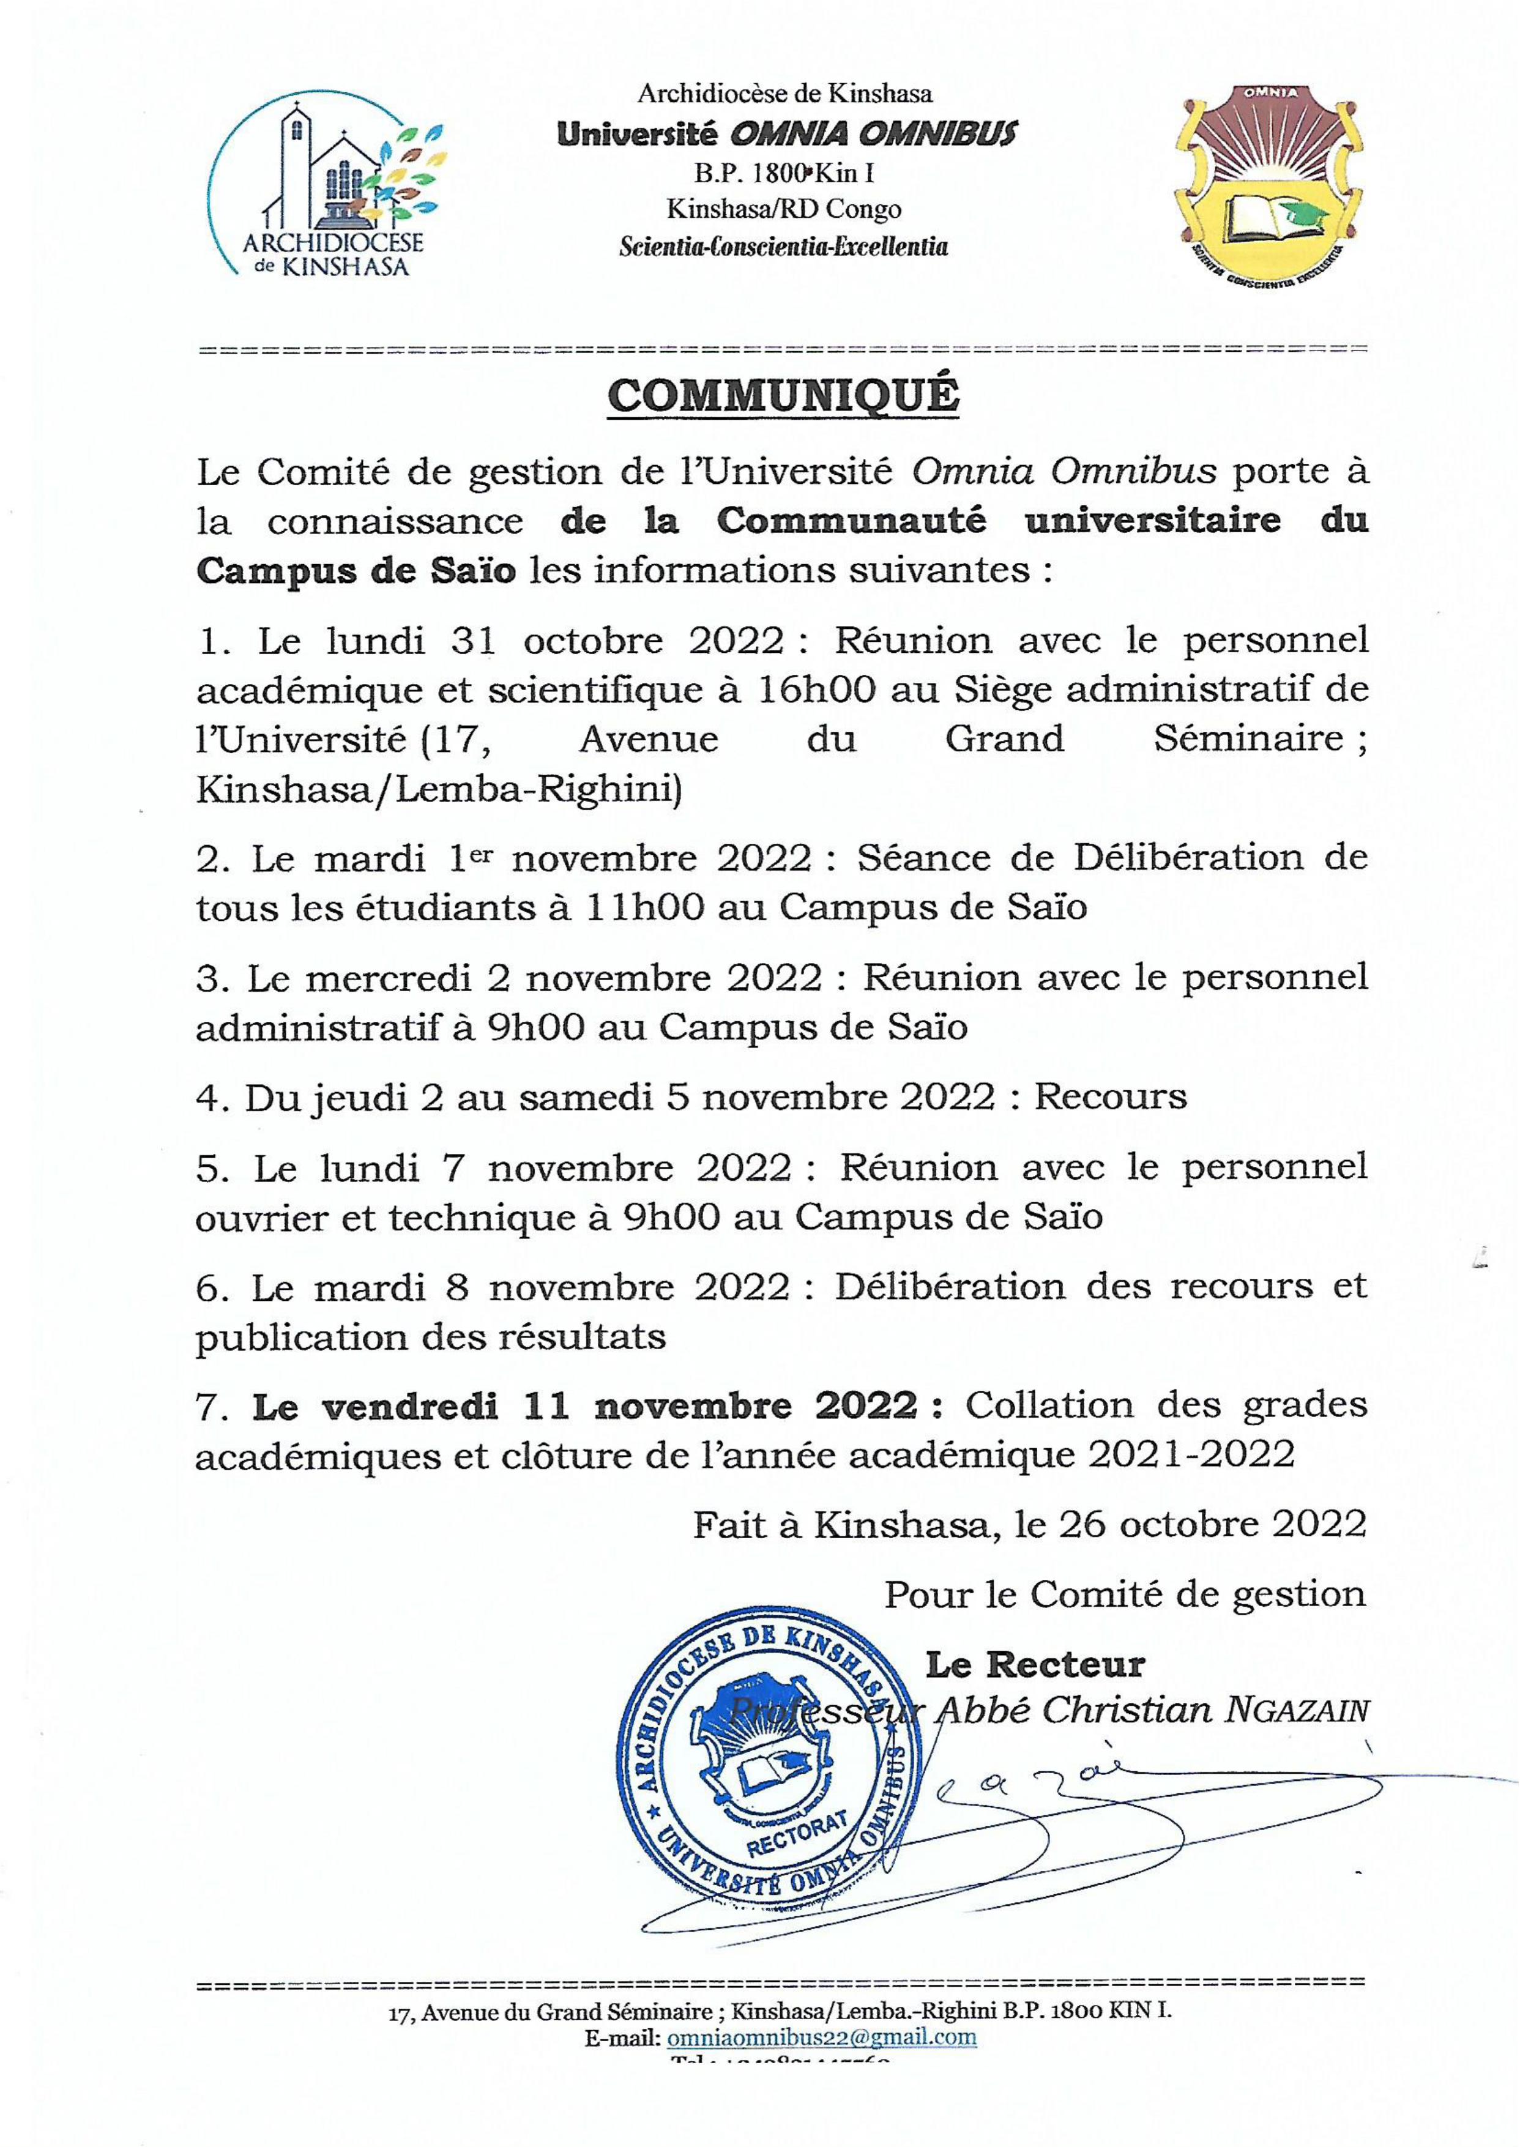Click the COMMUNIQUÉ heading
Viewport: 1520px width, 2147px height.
tap(783, 396)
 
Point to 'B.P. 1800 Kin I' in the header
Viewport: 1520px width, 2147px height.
tap(783, 172)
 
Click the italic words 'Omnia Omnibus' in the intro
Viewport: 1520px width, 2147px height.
tap(1064, 472)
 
